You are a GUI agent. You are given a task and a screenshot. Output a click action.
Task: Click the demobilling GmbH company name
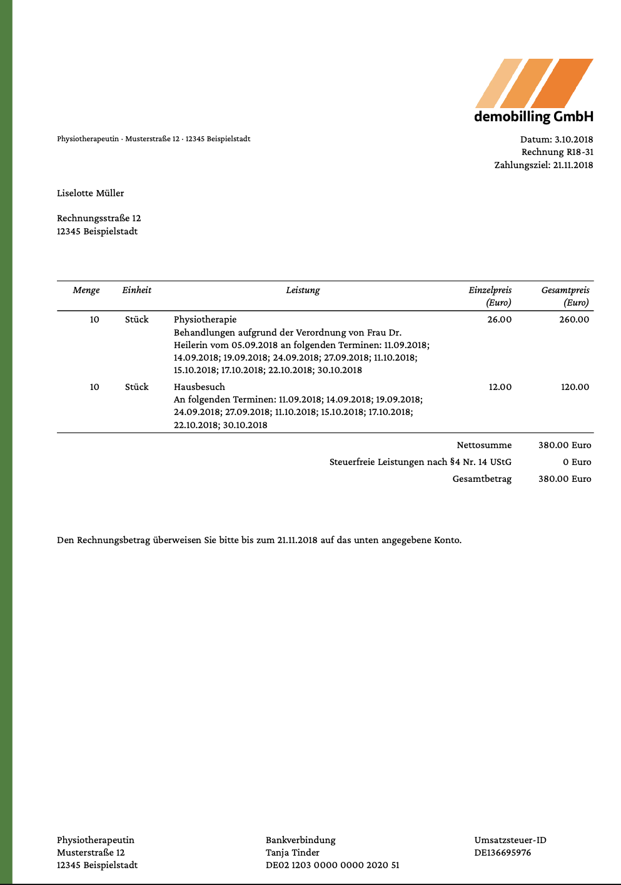click(533, 117)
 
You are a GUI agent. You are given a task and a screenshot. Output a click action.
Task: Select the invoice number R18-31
click(580, 152)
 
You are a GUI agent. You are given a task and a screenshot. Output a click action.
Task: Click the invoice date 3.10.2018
click(573, 139)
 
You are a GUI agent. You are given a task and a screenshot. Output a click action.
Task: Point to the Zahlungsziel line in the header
click(543, 166)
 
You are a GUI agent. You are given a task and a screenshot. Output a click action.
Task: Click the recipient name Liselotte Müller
click(91, 194)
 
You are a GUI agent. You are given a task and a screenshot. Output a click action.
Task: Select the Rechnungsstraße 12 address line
click(99, 219)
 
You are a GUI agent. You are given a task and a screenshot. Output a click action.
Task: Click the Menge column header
click(86, 291)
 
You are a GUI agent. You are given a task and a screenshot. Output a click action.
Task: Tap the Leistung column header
click(303, 291)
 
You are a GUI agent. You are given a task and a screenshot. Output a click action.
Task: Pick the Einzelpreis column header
click(490, 291)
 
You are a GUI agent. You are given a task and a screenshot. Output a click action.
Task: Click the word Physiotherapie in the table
click(205, 320)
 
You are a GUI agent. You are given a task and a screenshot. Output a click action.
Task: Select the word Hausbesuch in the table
click(199, 387)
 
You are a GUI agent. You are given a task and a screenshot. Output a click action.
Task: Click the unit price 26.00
click(499, 320)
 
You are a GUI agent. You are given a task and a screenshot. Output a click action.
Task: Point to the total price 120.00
click(575, 387)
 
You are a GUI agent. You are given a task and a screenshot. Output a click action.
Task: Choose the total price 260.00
click(574, 320)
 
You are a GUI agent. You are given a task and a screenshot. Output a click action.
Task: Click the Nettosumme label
click(484, 446)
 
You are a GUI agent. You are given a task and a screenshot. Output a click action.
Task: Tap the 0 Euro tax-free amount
click(577, 462)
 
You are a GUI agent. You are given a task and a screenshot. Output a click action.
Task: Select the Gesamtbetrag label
click(482, 479)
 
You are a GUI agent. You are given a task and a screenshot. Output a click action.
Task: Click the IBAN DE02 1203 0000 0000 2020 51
click(332, 866)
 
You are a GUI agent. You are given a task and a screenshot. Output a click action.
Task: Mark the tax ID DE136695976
click(503, 853)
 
